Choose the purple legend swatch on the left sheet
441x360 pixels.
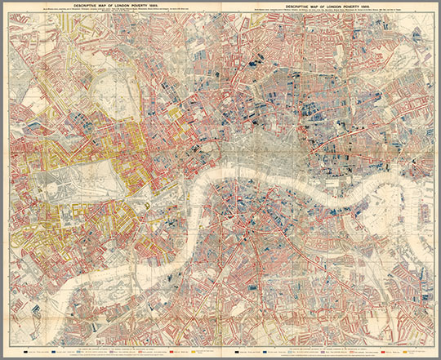[112, 352]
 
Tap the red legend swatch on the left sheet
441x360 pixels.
[168, 352]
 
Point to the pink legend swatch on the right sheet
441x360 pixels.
[359, 352]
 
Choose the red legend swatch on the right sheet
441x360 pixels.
[383, 352]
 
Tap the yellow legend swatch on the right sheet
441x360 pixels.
[405, 352]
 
